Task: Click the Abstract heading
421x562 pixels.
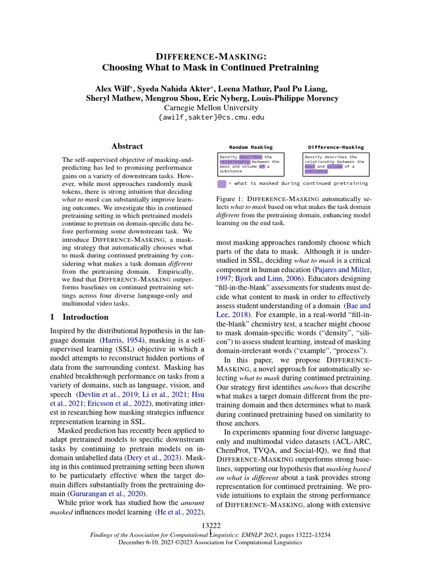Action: (x=127, y=147)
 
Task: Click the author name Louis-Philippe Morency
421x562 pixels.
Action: (x=294, y=98)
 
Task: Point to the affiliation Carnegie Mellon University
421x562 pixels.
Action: (x=210, y=108)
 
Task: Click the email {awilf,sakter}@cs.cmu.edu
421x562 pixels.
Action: (x=210, y=117)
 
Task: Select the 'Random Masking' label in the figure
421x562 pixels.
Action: (x=251, y=147)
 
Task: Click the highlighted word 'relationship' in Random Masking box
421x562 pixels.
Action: (x=235, y=162)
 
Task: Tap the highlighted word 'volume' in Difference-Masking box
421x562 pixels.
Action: (x=333, y=167)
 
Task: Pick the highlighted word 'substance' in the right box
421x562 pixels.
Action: (x=316, y=171)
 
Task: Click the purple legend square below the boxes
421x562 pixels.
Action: (x=222, y=183)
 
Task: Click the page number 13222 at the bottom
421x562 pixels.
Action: (x=210, y=526)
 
